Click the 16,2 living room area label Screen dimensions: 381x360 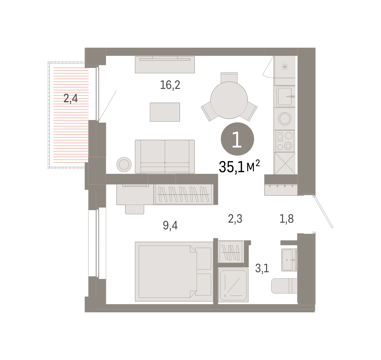170,85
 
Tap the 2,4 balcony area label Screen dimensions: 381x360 70,98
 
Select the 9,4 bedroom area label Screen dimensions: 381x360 170,225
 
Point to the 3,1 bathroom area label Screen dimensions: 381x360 262,268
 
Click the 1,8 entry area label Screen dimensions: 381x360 286,219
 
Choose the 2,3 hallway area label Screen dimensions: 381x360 235,219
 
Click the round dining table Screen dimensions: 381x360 229,100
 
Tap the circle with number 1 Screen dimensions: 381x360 237,139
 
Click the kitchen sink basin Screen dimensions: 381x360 285,97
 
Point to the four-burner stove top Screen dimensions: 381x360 285,141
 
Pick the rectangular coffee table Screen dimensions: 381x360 165,112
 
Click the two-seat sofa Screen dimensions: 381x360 165,157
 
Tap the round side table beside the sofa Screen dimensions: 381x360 124,164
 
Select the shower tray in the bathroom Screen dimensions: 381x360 233,285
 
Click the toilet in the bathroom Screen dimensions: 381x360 284,286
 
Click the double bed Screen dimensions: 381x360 174,271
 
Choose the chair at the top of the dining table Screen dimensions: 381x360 229,77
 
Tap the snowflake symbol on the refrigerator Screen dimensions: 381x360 285,67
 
